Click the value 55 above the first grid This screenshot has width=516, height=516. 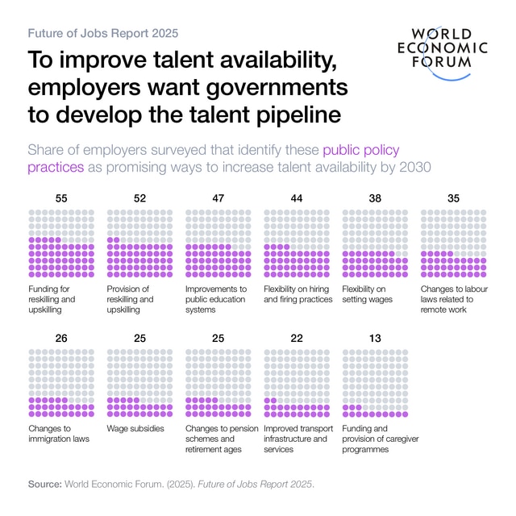click(60, 198)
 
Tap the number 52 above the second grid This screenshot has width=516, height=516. click(139, 198)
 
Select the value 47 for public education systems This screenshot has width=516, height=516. click(218, 198)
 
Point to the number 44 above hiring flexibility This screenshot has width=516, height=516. click(297, 198)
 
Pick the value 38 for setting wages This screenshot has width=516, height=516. click(375, 198)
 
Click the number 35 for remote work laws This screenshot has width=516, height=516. click(453, 198)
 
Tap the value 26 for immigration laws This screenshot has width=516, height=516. click(60, 338)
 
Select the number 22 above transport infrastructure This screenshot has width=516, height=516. click(297, 338)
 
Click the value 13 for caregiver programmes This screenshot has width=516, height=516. click(375, 338)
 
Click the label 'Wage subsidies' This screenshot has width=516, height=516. click(136, 429)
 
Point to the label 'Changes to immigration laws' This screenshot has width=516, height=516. click(59, 434)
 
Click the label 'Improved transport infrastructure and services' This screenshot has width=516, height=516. click(296, 439)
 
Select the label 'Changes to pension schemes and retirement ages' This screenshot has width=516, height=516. click(222, 439)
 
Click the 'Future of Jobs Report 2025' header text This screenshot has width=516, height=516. click(103, 33)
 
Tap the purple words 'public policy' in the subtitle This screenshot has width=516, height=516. click(361, 150)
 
